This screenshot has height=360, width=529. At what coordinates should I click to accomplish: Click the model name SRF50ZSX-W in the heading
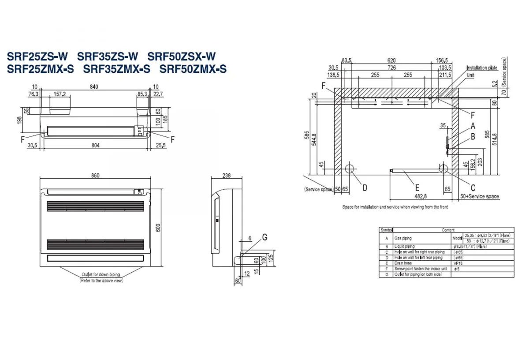pyautogui.click(x=182, y=56)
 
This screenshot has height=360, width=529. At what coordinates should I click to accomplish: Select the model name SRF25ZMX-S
pyautogui.click(x=41, y=69)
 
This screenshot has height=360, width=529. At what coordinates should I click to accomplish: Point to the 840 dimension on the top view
pyautogui.click(x=94, y=87)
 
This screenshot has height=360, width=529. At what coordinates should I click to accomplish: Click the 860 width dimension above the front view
pyautogui.click(x=95, y=176)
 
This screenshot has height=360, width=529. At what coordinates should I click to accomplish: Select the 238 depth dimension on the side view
pyautogui.click(x=227, y=176)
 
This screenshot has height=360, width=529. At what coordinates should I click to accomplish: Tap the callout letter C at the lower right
pyautogui.click(x=473, y=187)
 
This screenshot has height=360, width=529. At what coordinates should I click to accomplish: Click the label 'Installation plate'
pyautogui.click(x=482, y=68)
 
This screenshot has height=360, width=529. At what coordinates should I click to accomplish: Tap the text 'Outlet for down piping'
pyautogui.click(x=101, y=275)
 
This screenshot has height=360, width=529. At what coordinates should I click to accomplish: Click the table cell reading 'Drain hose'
pyautogui.click(x=405, y=263)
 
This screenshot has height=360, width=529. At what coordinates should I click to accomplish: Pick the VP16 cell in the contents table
pyautogui.click(x=458, y=263)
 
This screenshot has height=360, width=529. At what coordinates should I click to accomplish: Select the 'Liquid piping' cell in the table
pyautogui.click(x=405, y=247)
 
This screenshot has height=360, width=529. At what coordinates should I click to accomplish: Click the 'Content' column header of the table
pyautogui.click(x=448, y=230)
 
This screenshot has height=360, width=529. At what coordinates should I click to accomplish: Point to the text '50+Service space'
pyautogui.click(x=480, y=196)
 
